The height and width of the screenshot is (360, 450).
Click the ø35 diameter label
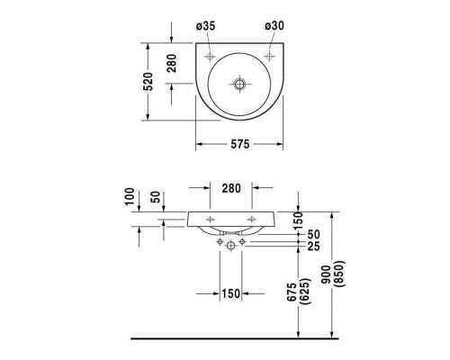pyautogui.click(x=206, y=26)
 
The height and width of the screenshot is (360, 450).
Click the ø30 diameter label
pyautogui.click(x=274, y=26)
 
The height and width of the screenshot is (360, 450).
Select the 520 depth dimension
pyautogui.click(x=148, y=81)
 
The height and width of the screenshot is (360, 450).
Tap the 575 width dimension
pyautogui.click(x=240, y=144)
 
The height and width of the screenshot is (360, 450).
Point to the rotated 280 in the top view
pyautogui.click(x=172, y=63)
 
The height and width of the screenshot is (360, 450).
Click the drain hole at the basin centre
pyautogui.click(x=239, y=84)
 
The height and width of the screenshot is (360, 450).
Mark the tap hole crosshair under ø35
pyautogui.click(x=210, y=56)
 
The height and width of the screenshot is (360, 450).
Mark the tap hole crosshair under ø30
pyautogui.click(x=269, y=56)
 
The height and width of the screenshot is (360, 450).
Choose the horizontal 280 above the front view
pyautogui.click(x=231, y=188)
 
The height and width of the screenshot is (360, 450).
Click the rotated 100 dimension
pyautogui.click(x=130, y=196)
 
